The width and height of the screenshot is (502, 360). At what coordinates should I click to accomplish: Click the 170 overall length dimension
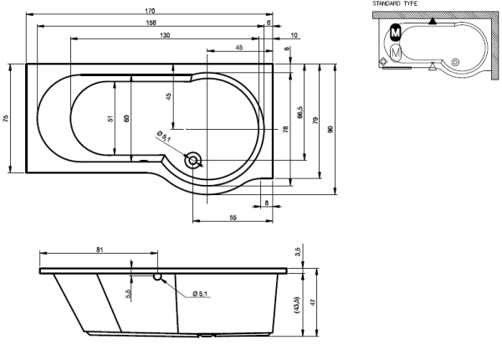click(x=150, y=11)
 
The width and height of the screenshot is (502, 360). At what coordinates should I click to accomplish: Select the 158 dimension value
click(x=151, y=23)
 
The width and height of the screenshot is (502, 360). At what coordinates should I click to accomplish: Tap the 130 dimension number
click(x=165, y=35)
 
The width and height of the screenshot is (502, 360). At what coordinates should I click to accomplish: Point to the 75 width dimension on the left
click(x=6, y=118)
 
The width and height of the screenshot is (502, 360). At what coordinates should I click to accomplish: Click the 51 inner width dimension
click(x=110, y=118)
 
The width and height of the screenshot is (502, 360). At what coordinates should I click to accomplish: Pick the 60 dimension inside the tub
click(x=127, y=118)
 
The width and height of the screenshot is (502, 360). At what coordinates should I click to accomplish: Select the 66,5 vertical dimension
click(x=300, y=112)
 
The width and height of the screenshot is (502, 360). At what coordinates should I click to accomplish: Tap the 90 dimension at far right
click(x=330, y=130)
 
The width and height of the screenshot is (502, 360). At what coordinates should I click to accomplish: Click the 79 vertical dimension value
click(x=315, y=121)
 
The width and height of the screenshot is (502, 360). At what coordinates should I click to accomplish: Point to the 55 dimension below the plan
click(x=233, y=218)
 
